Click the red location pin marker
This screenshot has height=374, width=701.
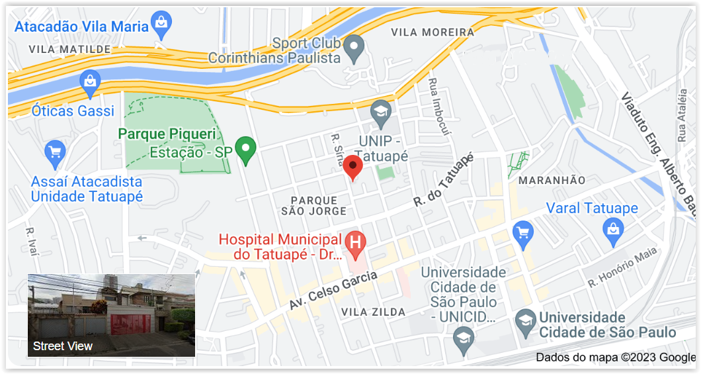pos(352,167)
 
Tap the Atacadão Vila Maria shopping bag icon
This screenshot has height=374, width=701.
pos(161,25)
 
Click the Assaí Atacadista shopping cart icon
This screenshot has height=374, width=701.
pos(55,153)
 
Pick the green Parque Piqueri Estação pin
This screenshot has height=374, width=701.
pos(247,150)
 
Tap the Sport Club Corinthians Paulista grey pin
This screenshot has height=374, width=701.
pos(355,48)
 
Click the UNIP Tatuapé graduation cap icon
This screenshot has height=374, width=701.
pos(381,113)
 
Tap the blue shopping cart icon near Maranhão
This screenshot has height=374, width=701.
pos(523,234)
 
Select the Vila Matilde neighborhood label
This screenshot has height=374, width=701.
pos(69,50)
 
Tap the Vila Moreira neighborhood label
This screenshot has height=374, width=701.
pos(433,32)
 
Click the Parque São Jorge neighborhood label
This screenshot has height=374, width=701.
pos(313,205)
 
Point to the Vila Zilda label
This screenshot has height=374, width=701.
pos(374,312)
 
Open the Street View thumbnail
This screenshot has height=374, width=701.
pos(111,315)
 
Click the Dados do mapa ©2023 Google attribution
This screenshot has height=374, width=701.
pos(615,357)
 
